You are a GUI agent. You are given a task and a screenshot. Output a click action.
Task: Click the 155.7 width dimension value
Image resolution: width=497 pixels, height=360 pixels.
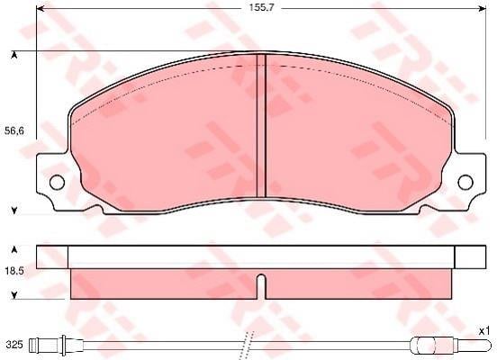(x=261, y=8)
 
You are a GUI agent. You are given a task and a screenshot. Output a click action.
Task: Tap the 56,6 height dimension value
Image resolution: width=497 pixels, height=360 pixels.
(x=14, y=130)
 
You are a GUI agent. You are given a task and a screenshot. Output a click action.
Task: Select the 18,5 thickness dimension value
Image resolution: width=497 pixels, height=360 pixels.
(x=14, y=271)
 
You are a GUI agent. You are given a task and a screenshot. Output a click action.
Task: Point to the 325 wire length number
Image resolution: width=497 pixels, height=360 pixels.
(x=14, y=345)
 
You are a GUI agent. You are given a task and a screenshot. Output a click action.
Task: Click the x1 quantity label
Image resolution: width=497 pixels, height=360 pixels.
(x=483, y=331)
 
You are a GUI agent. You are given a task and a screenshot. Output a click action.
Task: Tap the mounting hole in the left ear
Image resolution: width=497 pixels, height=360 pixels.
(x=57, y=183)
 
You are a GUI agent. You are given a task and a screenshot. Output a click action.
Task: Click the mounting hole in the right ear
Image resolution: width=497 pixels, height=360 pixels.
(x=465, y=183)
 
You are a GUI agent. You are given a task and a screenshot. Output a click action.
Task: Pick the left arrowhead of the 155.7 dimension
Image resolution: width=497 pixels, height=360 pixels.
(x=41, y=9)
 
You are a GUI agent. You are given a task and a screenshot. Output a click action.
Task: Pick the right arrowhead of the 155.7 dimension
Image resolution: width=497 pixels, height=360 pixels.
(x=481, y=9)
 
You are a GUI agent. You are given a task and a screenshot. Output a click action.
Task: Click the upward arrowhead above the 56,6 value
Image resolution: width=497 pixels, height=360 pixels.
(x=14, y=56)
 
